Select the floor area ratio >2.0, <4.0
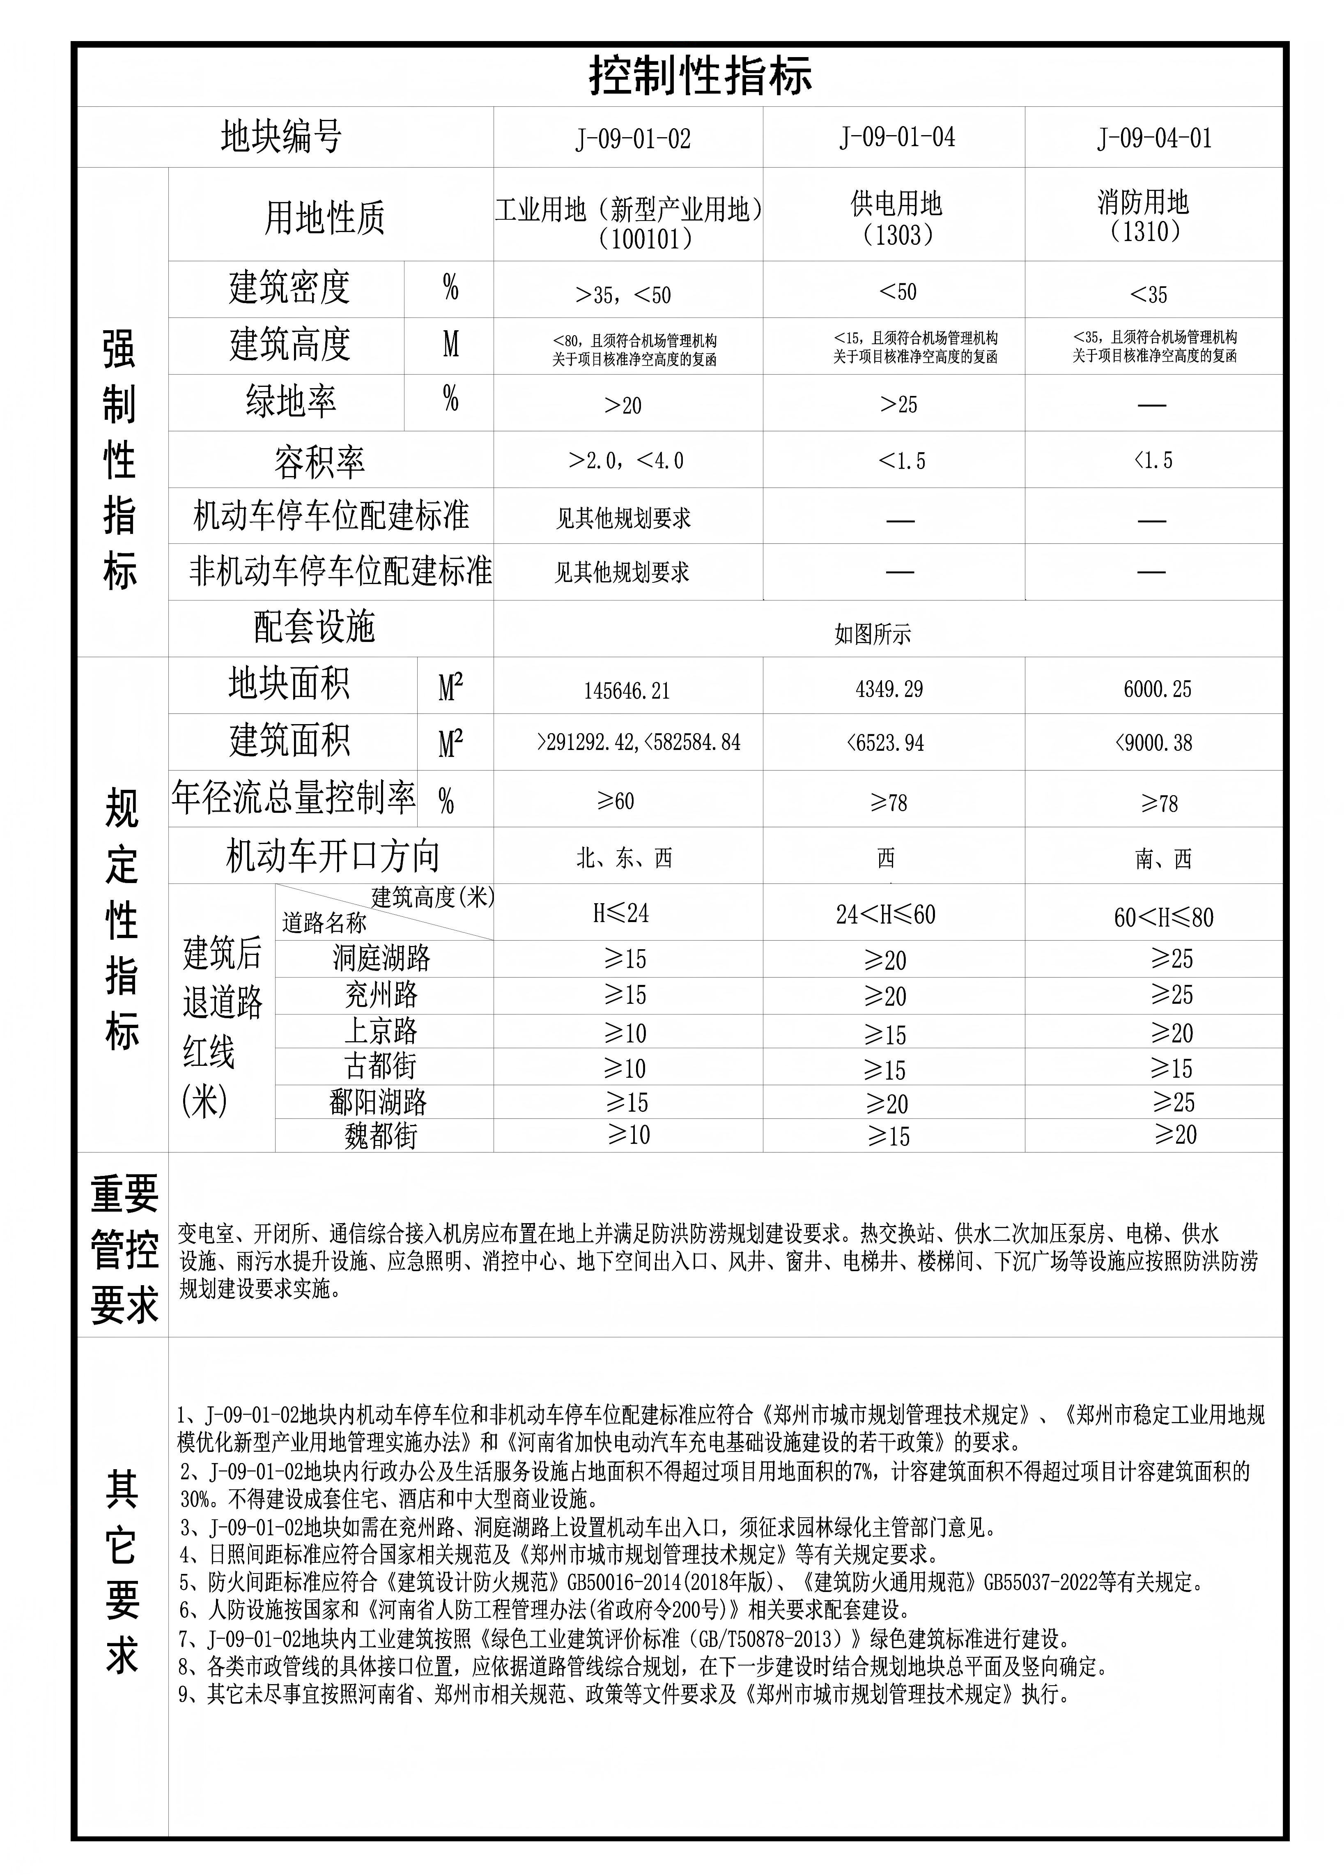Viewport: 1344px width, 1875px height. point(626,460)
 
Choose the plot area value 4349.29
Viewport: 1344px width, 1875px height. point(889,689)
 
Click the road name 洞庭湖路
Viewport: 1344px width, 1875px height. point(381,958)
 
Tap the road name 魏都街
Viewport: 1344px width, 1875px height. point(381,1136)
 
